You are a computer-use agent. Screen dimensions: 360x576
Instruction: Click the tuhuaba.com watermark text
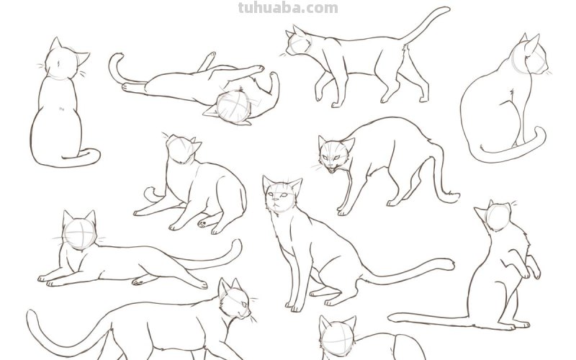click(x=287, y=8)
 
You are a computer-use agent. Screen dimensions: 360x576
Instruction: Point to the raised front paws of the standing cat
click(x=533, y=271)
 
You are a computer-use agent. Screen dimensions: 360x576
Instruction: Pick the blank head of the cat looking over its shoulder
click(x=182, y=150)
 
